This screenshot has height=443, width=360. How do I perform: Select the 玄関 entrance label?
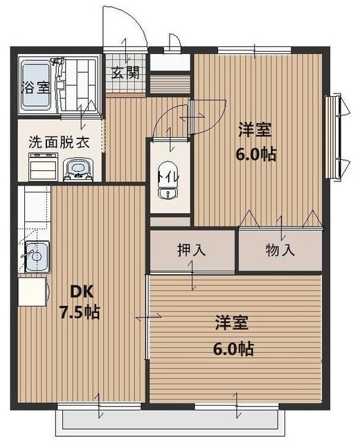click(x=125, y=71)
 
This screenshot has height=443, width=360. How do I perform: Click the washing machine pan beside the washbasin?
click(x=44, y=167)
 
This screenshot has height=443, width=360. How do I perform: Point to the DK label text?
click(x=75, y=290)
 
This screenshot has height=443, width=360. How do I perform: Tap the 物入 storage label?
click(x=280, y=251)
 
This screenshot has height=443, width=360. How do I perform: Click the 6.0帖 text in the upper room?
click(x=257, y=154)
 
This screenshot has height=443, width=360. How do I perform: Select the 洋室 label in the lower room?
click(x=231, y=323)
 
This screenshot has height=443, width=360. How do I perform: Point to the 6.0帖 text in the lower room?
click(x=233, y=348)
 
